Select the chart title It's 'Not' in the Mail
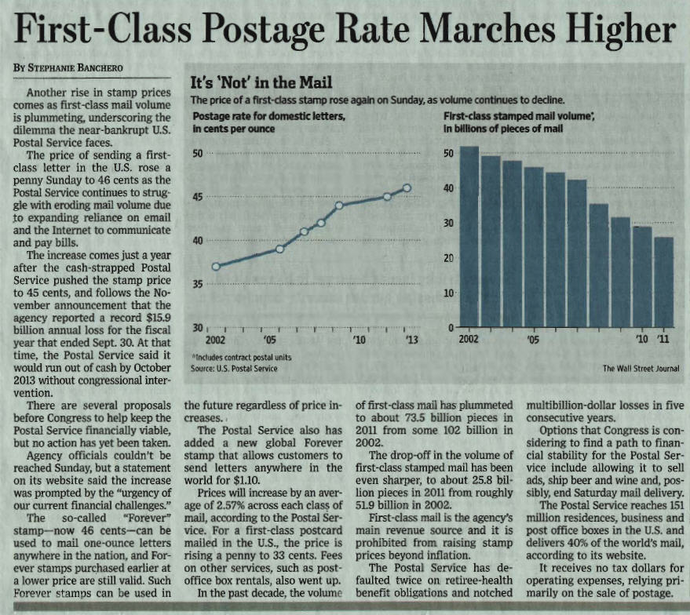(261, 83)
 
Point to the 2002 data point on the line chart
(216, 266)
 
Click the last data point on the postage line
(407, 187)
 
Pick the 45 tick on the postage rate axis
(199, 197)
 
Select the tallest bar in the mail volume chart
(469, 235)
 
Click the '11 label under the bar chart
(664, 340)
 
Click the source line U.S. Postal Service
(235, 368)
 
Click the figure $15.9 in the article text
(153, 318)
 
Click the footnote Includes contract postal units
(237, 358)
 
